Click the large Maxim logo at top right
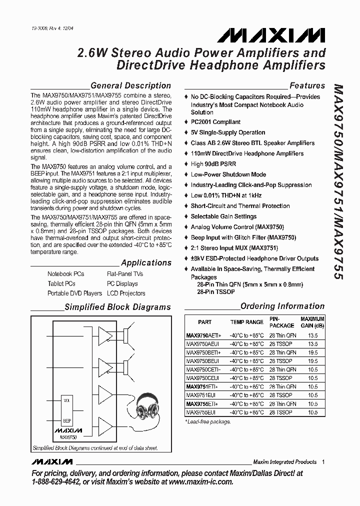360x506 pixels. pos(270,34)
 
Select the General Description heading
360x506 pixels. pos(130,85)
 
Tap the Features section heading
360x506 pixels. pos(307,85)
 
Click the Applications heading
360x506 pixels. pos(146,262)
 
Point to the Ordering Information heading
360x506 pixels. pos(282,306)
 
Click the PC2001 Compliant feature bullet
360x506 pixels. pos(215,122)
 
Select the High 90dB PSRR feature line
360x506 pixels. pos(213,164)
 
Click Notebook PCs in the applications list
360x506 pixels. pos(66,274)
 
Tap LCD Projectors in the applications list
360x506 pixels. pos(126,293)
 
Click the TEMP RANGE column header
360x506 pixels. pos(246,322)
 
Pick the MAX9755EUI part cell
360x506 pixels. pos(201,412)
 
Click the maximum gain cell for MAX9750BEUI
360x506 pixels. pos(313,361)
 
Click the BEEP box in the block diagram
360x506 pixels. pos(66,420)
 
